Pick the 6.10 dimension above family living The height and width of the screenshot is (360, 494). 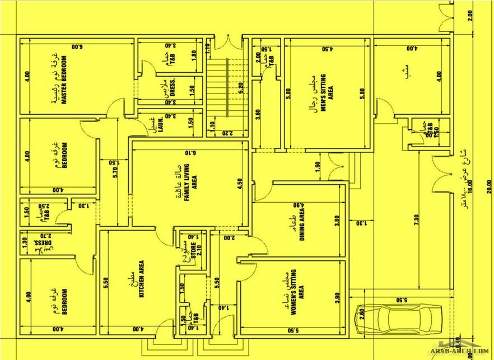tap(190, 152)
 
